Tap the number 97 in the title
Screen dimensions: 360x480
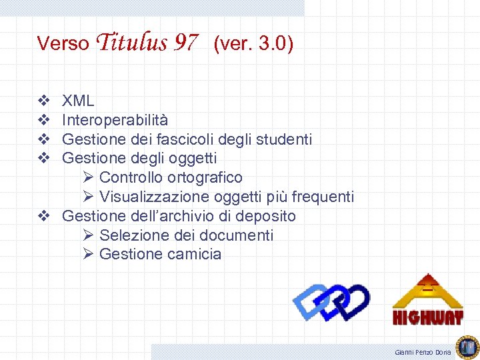[x=185, y=44]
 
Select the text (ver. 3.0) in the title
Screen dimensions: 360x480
[x=253, y=44]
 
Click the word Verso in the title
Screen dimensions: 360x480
[x=63, y=44]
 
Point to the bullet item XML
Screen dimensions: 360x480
[x=78, y=101]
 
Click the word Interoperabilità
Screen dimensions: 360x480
[x=115, y=120]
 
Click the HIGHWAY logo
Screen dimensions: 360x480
[x=427, y=300]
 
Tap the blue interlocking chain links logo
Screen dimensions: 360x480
[x=331, y=302]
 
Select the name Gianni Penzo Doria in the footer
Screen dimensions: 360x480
[x=423, y=351]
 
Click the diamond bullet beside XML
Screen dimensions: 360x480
[x=43, y=101]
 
